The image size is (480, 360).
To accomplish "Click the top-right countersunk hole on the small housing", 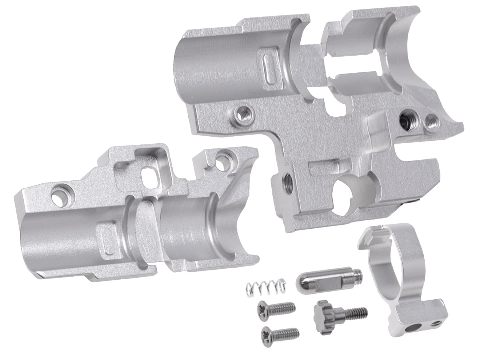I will point(221,159).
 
